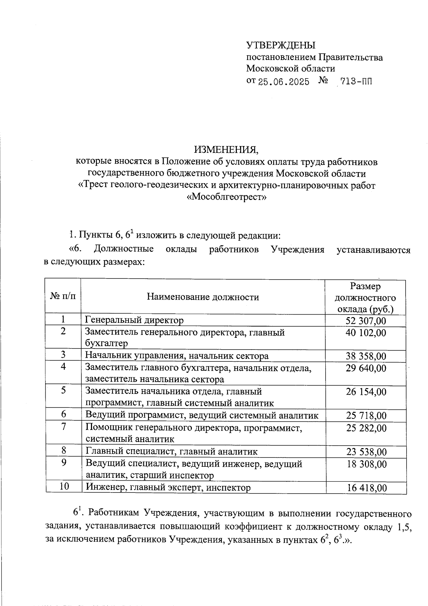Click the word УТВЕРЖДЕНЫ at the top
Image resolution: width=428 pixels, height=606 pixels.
pos(281,45)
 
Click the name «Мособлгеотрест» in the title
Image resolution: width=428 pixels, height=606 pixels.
pos(227,197)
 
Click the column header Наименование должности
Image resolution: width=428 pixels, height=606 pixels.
pos(203,297)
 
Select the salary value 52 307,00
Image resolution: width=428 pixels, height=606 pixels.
pos(366,320)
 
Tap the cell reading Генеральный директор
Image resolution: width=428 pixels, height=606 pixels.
pos(134,320)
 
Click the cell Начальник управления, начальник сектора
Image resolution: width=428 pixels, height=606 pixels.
pos(177,356)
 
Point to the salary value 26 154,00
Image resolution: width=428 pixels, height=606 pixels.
pos(366,392)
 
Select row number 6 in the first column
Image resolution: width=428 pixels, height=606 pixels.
pos(63,414)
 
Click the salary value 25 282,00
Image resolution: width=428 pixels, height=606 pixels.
pos(366,428)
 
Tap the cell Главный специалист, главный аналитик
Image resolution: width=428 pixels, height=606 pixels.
pos(171,451)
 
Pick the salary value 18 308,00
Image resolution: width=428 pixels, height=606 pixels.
pos(366,464)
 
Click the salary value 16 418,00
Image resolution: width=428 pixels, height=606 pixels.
pos(367,488)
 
